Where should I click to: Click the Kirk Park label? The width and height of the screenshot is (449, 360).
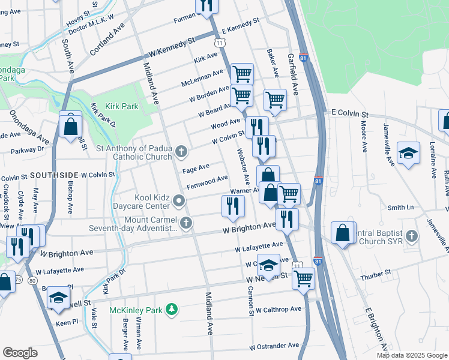coord(121,106)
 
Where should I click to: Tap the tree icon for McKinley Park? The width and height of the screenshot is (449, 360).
coord(172,309)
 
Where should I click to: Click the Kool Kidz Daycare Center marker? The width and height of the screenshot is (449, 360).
coord(178,200)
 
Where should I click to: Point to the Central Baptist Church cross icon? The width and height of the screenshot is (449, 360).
coord(411,235)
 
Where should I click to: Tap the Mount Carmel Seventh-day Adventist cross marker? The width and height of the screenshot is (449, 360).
coord(187,223)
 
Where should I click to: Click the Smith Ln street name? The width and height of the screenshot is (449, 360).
coord(400,208)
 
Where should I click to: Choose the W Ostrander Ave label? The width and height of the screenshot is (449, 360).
coord(274,346)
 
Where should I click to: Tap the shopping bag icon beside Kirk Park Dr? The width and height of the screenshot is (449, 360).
coord(71,126)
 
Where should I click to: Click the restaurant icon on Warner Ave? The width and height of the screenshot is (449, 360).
coord(232,206)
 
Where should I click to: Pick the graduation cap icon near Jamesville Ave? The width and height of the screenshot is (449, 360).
coord(408,154)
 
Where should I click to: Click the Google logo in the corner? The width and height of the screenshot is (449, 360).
coord(20,353)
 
